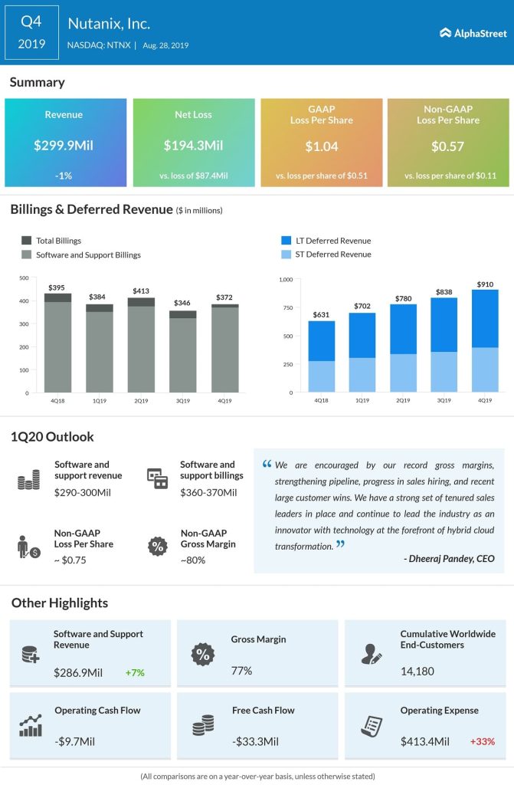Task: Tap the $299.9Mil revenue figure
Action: [x=64, y=145]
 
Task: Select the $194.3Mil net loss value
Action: [x=193, y=145]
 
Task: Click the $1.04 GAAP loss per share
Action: [x=321, y=145]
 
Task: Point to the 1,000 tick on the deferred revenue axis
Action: [x=286, y=279]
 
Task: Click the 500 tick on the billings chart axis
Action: [x=24, y=278]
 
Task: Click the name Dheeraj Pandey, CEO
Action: [x=448, y=559]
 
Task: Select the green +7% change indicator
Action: [x=135, y=673]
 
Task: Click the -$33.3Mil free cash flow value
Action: [x=255, y=741]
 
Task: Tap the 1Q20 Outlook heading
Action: [x=52, y=436]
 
